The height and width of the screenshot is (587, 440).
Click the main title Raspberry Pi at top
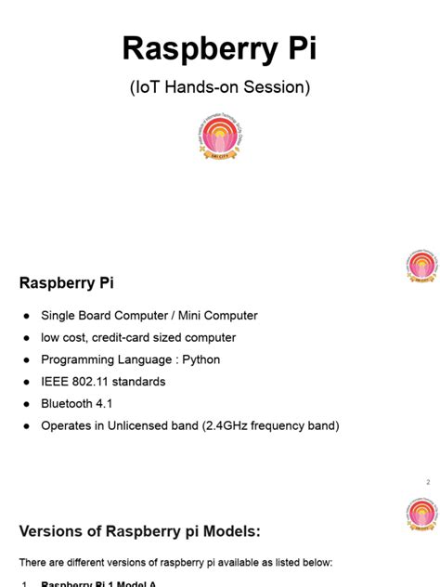(220, 48)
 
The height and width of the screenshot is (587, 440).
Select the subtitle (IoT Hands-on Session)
(220, 88)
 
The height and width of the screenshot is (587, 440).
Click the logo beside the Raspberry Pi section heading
(421, 267)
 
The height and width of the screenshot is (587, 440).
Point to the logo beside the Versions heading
(421, 515)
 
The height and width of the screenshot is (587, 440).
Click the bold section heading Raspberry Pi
(67, 282)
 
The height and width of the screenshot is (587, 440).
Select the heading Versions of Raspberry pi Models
(140, 531)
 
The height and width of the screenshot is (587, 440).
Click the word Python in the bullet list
(201, 359)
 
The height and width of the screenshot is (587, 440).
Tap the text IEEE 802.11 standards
(103, 382)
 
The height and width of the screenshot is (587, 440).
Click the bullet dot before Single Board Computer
(26, 316)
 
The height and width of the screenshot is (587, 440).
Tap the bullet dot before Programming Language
(26, 359)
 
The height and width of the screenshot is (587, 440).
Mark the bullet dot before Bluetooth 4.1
(26, 404)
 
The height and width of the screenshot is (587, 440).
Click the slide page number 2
(428, 482)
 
